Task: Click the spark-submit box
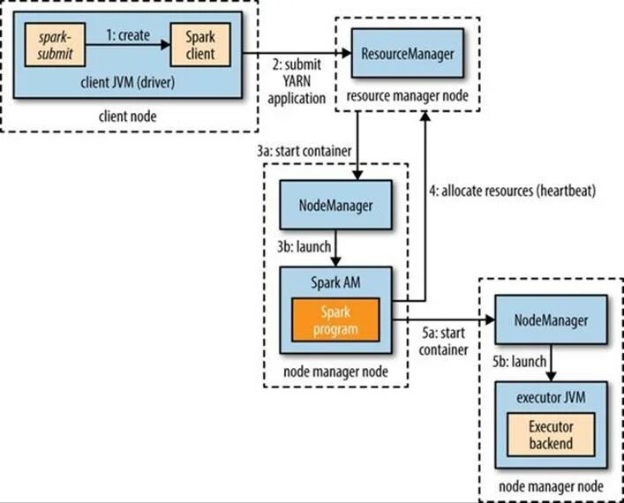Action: point(55,45)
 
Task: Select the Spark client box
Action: point(200,45)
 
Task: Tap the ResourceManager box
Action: point(408,53)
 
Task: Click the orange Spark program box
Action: point(335,320)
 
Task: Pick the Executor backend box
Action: point(551,434)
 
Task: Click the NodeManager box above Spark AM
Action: point(335,205)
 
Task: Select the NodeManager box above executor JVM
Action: point(551,319)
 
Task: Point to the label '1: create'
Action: point(128,35)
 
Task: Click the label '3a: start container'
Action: point(304,151)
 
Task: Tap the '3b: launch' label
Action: point(304,247)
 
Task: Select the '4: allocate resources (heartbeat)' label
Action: point(513,191)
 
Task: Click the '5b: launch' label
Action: point(519,361)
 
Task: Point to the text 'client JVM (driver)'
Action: point(128,83)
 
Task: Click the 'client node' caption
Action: point(127,116)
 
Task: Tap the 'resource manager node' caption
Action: point(407,96)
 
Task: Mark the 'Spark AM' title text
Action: point(335,282)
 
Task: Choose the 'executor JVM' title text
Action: point(551,397)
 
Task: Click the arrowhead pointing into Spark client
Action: point(166,45)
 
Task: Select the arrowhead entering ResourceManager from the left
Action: point(347,53)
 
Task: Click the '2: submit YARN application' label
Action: point(297,81)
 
